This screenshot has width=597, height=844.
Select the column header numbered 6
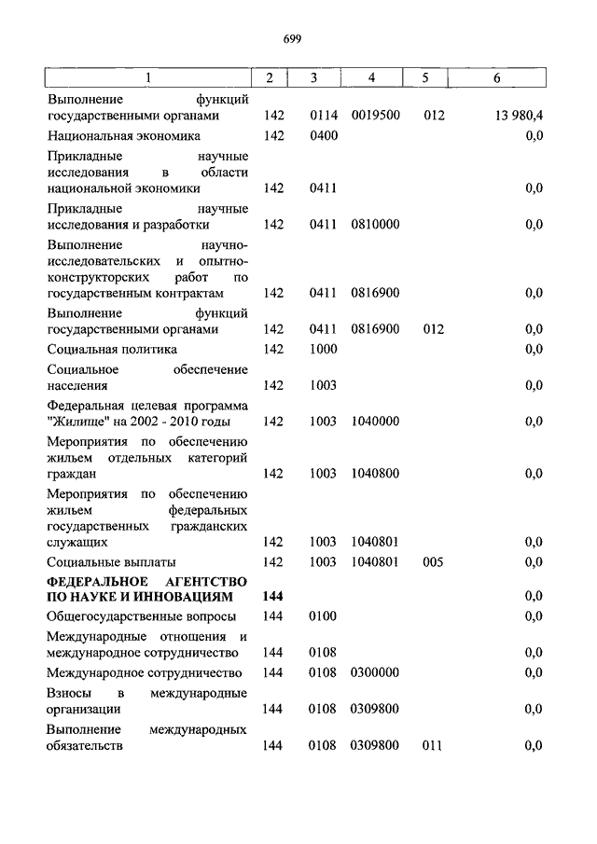coord(496,78)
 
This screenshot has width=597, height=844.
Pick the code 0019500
coord(375,116)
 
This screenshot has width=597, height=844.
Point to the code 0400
coord(323,135)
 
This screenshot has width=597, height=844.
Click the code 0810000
coord(375,225)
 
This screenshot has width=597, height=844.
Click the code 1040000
coord(375,422)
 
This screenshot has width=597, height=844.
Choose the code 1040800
coord(375,474)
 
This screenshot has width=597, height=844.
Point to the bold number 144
coord(272,596)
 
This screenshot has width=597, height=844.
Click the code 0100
coord(323,616)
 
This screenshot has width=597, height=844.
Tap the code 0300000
coord(375,672)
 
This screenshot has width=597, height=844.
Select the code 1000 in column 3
coord(323,349)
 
